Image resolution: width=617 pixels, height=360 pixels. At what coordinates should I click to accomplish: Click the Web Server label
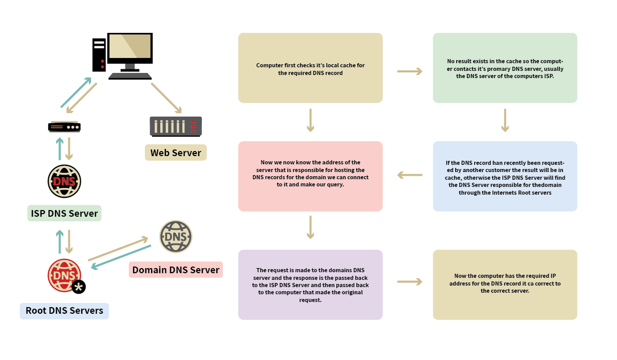pyautogui.click(x=176, y=153)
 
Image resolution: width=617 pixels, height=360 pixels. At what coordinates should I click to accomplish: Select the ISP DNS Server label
pyautogui.click(x=64, y=213)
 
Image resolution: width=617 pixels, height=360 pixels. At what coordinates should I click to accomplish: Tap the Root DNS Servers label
pyautogui.click(x=64, y=311)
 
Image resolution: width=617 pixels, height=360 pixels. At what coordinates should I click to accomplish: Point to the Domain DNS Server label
pyautogui.click(x=176, y=270)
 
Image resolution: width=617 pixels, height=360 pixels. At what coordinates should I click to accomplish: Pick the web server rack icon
pyautogui.click(x=176, y=126)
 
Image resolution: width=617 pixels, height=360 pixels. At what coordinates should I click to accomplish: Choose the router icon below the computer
pyautogui.click(x=64, y=127)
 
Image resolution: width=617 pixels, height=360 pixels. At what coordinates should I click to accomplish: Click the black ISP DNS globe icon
pyautogui.click(x=64, y=181)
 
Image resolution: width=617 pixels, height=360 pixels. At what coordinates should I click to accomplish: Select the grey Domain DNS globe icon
pyautogui.click(x=176, y=237)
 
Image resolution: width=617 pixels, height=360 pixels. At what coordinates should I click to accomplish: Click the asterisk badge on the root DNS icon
pyautogui.click(x=79, y=287)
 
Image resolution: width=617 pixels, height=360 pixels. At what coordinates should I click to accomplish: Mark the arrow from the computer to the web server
pyautogui.click(x=166, y=98)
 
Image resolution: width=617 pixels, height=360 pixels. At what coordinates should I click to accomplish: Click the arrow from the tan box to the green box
pyautogui.click(x=409, y=71)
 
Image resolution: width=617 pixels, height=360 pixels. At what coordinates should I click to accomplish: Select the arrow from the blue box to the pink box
pyautogui.click(x=409, y=175)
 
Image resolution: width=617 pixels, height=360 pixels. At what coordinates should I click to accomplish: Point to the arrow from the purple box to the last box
pyautogui.click(x=409, y=281)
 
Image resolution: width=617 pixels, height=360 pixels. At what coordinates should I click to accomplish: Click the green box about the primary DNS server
pyautogui.click(x=504, y=68)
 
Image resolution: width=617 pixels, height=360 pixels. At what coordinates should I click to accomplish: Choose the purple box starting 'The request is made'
pyautogui.click(x=310, y=285)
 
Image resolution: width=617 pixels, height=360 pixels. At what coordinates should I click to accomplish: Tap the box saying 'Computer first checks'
pyautogui.click(x=310, y=68)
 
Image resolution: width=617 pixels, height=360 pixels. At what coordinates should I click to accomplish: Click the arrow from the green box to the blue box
pyautogui.click(x=505, y=120)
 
